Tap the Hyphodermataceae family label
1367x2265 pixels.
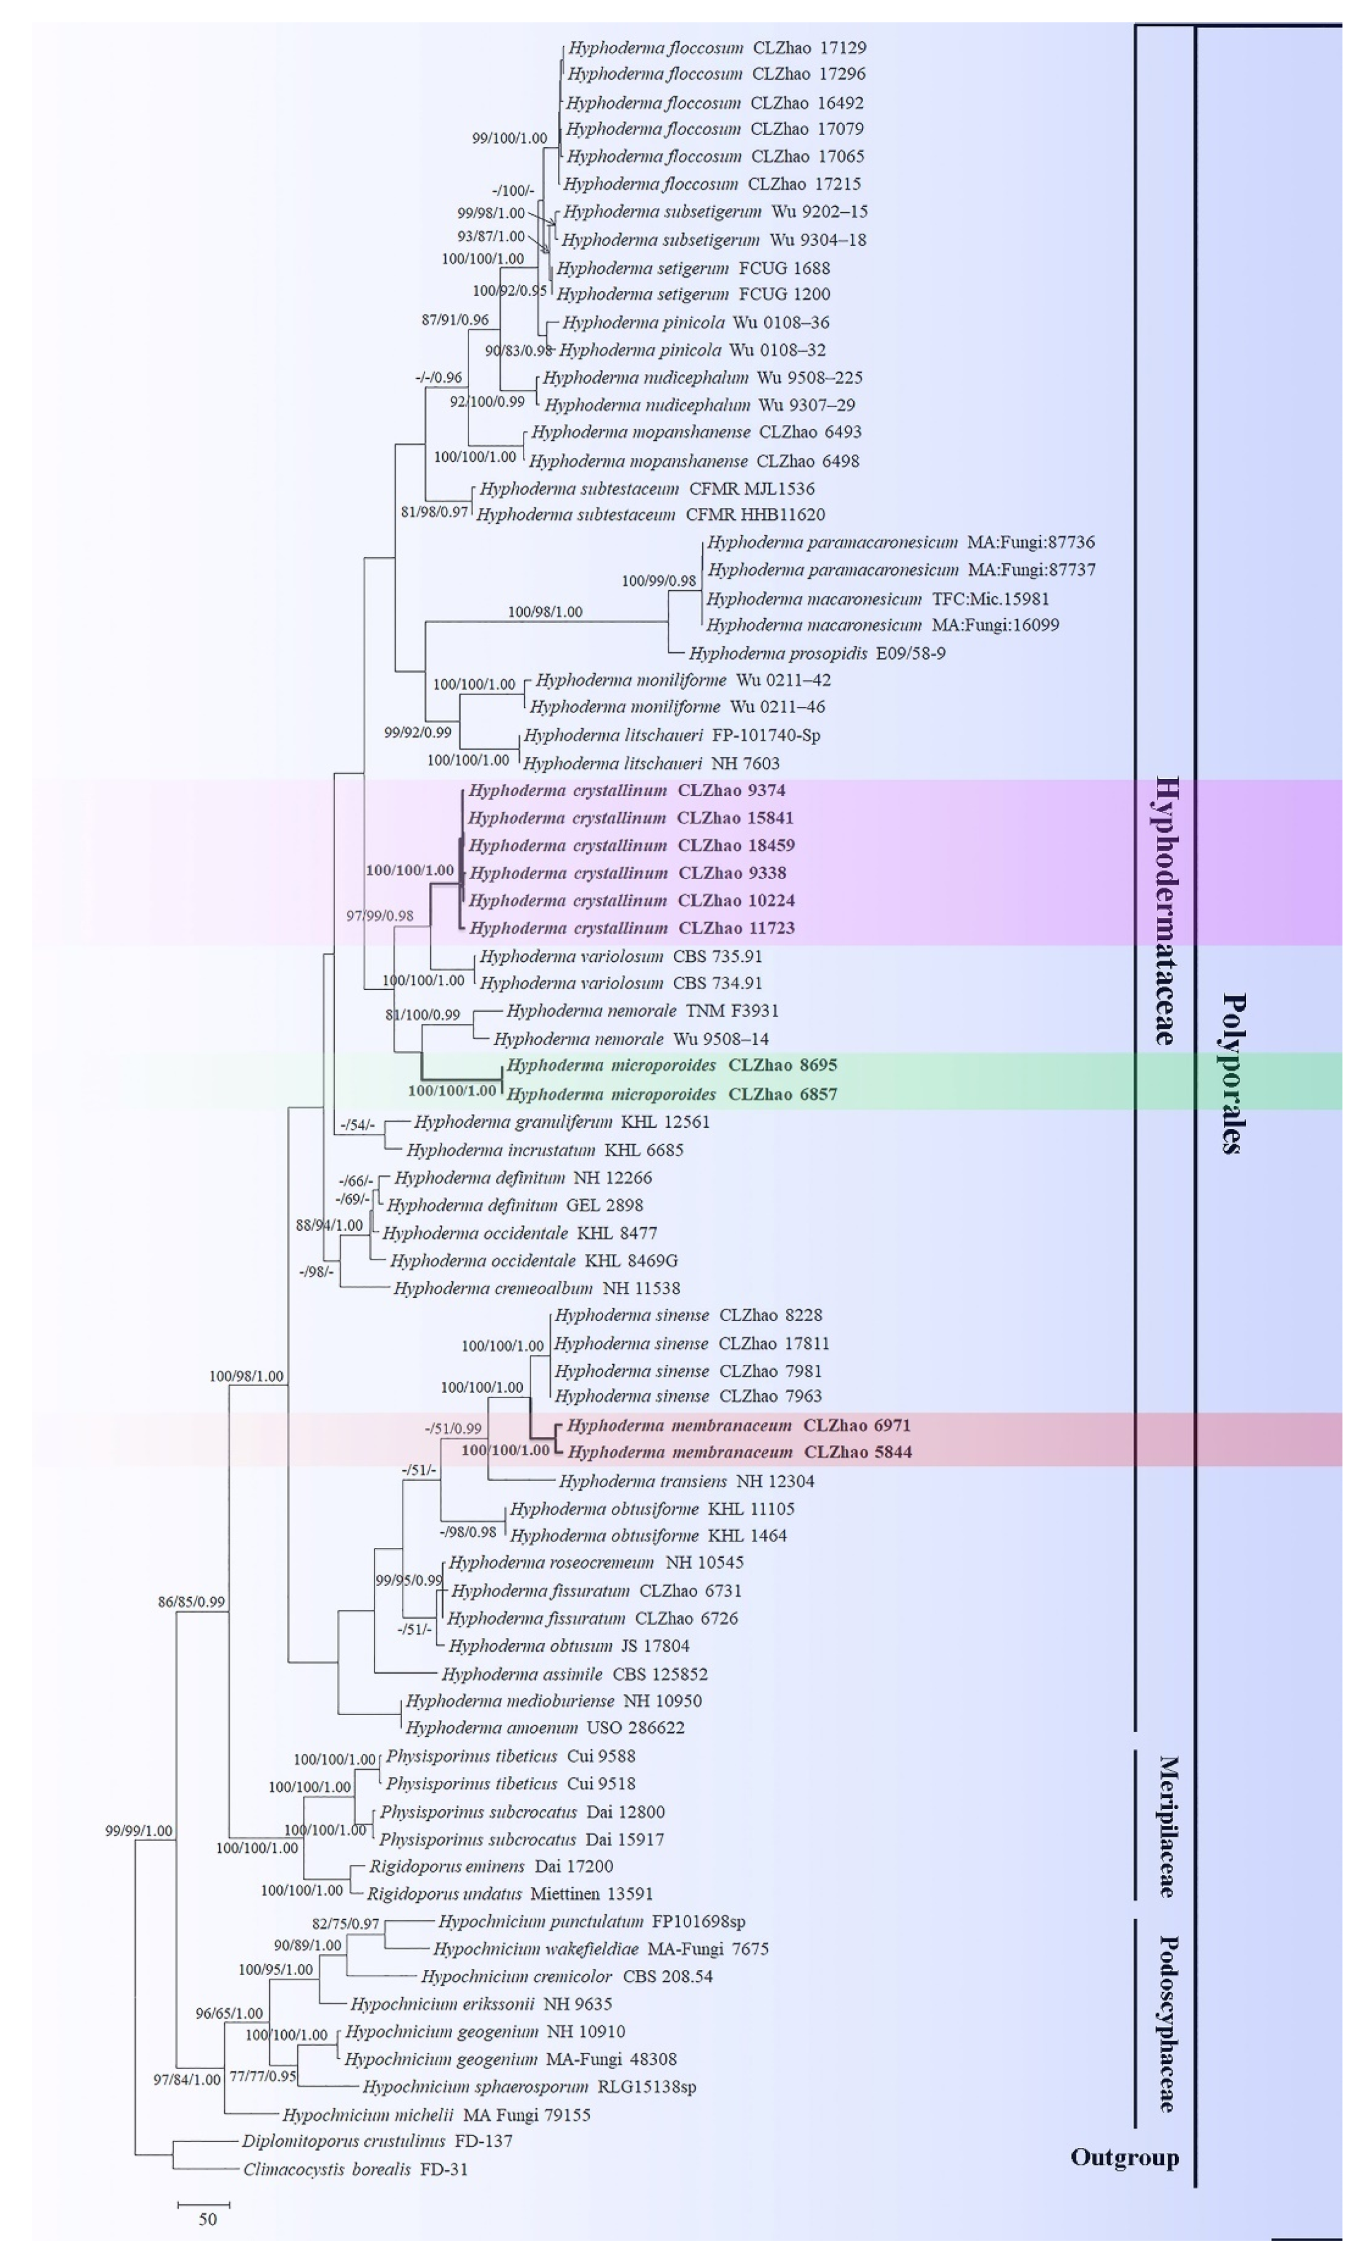pos(1165,910)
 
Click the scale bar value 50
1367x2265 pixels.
pos(208,2219)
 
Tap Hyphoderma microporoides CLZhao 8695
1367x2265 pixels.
pos(671,1065)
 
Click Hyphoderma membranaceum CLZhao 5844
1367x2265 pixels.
pos(739,1452)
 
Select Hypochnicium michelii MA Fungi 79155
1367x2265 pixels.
pos(436,2114)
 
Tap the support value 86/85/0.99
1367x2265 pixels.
pos(191,1601)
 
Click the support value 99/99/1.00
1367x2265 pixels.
pos(139,1830)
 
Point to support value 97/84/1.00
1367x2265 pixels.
pos(187,2079)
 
